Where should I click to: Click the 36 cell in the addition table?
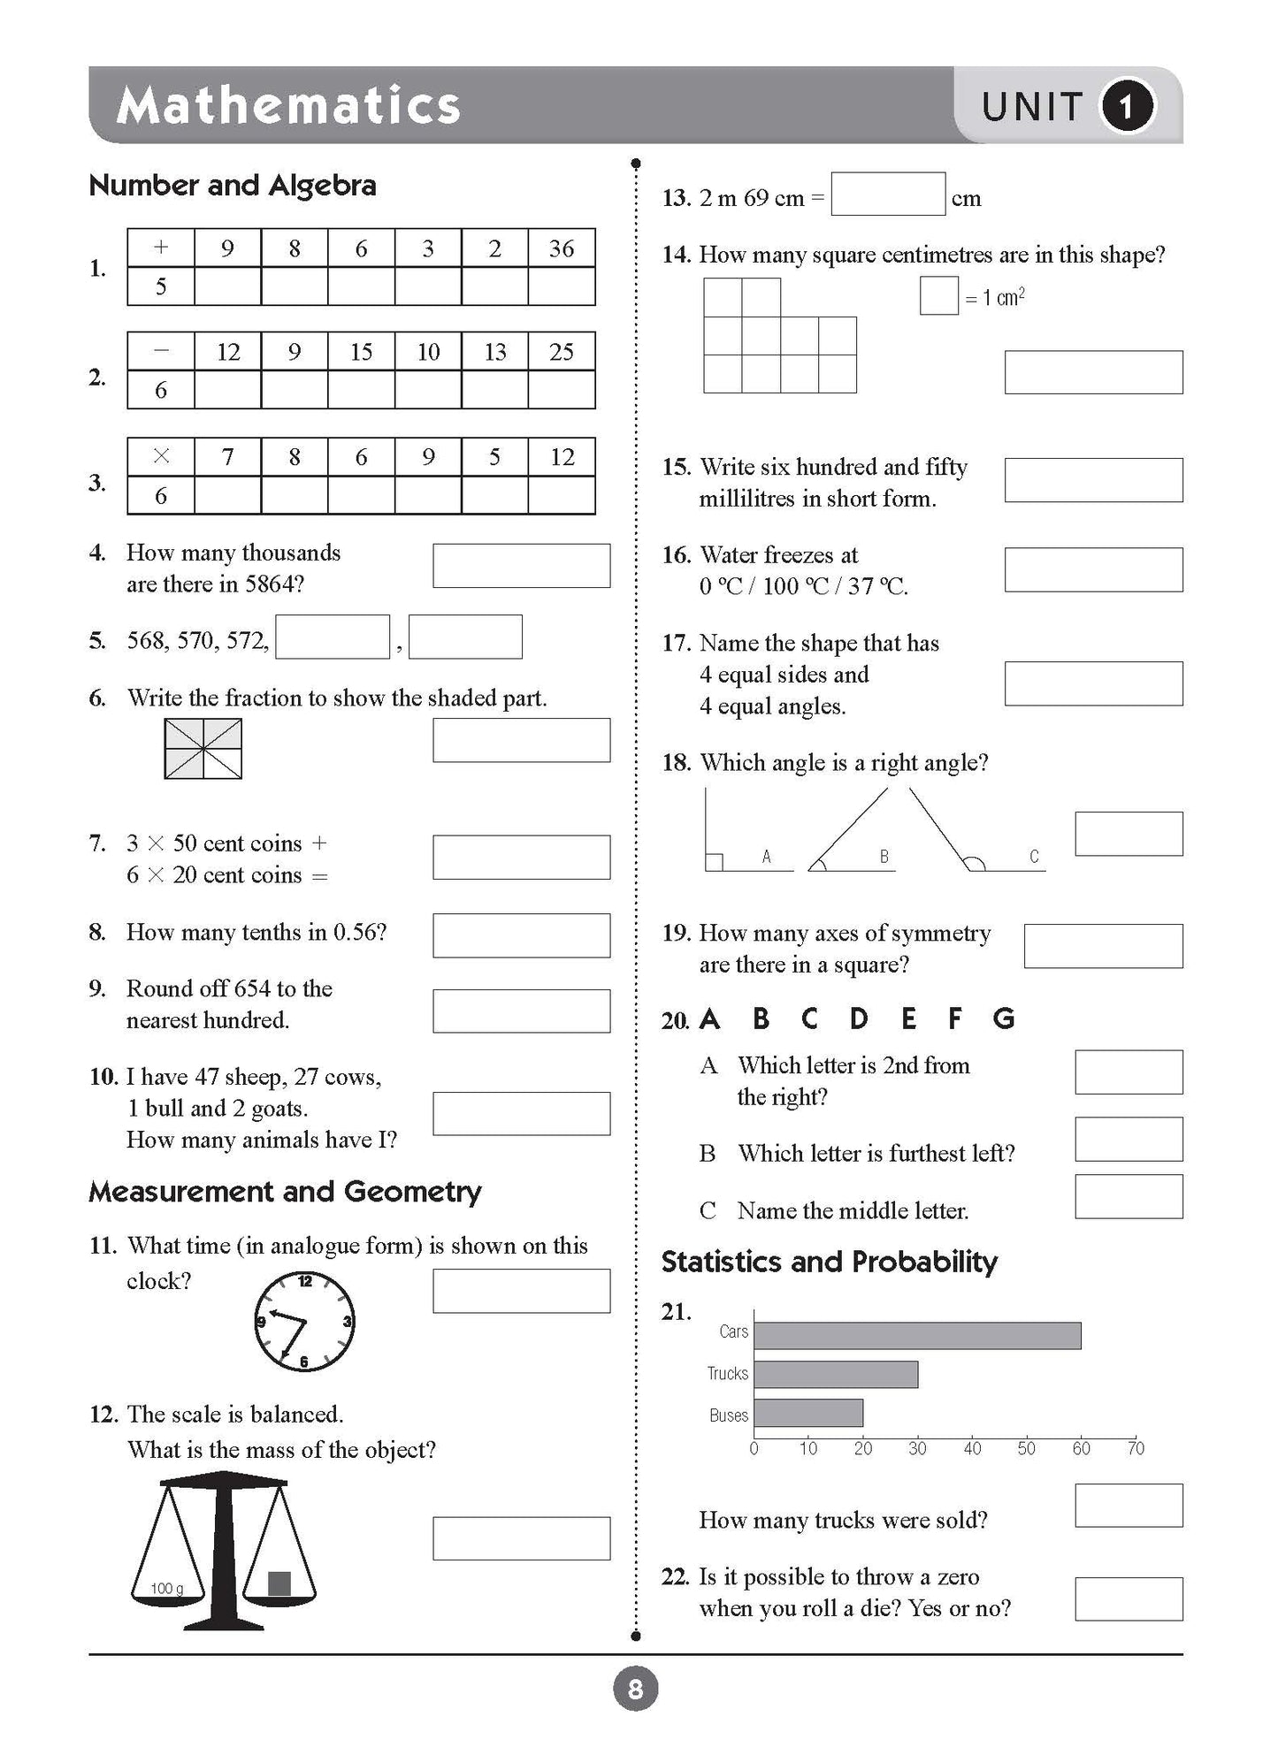(x=562, y=248)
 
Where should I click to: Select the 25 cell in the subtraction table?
(x=562, y=352)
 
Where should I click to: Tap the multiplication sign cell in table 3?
(x=161, y=457)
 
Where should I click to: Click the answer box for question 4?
(x=521, y=566)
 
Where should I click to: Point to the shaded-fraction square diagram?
(x=203, y=749)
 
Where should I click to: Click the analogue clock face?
(x=304, y=1322)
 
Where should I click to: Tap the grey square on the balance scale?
(x=279, y=1583)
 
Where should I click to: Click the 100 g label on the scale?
(x=166, y=1589)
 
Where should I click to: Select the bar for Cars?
(x=917, y=1336)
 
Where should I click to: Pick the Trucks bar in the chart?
(x=836, y=1374)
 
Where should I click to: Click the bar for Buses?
(x=808, y=1413)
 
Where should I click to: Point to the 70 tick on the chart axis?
(x=1136, y=1448)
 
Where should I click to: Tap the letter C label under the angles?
(x=1034, y=856)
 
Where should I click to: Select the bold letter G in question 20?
(x=1004, y=1019)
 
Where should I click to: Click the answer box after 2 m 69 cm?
(x=888, y=195)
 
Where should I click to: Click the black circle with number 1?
(x=1126, y=106)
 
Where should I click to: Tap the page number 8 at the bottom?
(x=635, y=1690)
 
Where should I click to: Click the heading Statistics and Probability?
(x=829, y=1262)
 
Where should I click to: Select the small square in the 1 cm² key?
(x=939, y=296)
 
